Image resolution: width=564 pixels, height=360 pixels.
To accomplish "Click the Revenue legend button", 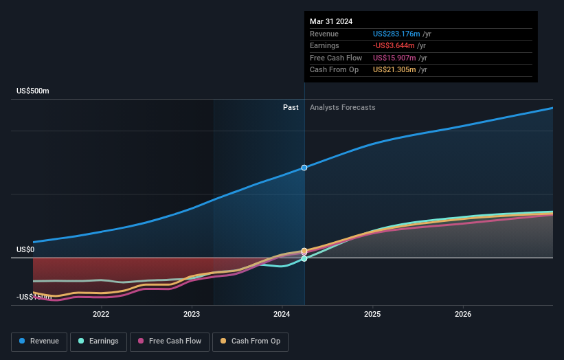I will pos(39,341).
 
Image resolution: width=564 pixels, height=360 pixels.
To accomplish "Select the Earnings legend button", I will pos(98,341).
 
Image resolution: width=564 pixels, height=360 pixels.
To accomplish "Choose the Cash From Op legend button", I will pos(251,341).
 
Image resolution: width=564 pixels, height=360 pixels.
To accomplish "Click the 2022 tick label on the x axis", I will pos(101,314).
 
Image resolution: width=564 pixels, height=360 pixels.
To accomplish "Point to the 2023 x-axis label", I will pos(192,314).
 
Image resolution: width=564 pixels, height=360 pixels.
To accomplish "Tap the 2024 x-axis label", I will pos(282,314).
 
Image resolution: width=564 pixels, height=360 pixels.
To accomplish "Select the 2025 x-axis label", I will pos(372,314).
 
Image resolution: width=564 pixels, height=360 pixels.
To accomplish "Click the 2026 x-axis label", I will pos(463,314).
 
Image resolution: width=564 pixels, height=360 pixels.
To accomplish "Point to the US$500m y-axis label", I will pos(33,91).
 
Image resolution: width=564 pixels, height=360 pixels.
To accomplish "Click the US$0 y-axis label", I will pos(25,249).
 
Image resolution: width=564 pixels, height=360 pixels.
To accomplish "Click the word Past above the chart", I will pos(291,107).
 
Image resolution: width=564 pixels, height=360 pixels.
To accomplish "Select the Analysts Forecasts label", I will pos(343,107).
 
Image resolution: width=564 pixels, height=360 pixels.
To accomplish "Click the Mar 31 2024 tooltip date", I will pos(331,21).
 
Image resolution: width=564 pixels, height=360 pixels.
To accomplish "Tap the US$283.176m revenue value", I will pos(395,34).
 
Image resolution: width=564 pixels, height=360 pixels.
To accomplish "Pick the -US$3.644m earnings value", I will pos(394,46).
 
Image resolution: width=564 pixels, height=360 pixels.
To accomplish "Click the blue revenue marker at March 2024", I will pos(304,168).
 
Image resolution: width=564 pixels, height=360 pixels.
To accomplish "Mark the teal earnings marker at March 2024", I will pos(304,258).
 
